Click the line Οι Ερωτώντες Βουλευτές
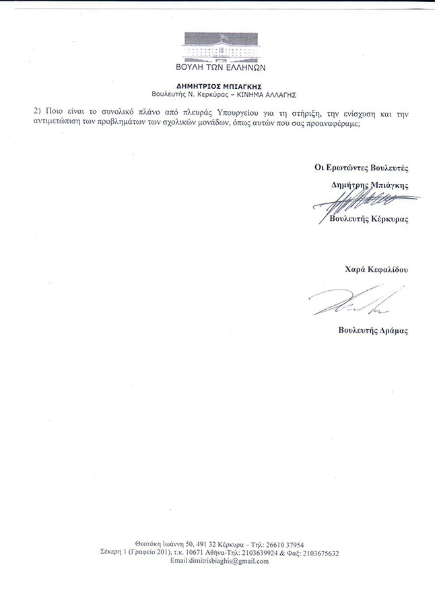[x=358, y=165]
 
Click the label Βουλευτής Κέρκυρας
[x=369, y=220]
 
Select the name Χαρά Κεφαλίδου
[x=376, y=269]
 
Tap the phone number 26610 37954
[x=285, y=544]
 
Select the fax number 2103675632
[x=316, y=552]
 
